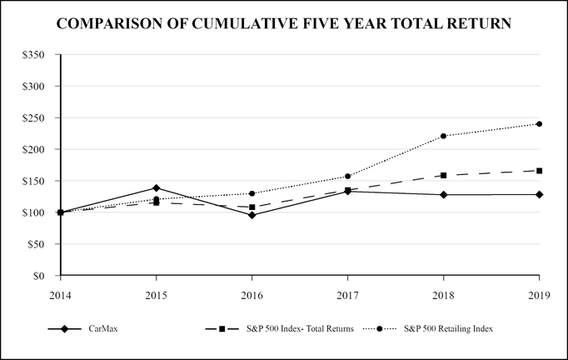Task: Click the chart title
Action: pyautogui.click(x=284, y=24)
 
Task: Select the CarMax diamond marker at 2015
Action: pyautogui.click(x=156, y=187)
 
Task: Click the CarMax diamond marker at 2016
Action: pyautogui.click(x=252, y=215)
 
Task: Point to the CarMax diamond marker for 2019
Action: pyautogui.click(x=540, y=194)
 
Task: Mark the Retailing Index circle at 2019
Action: pyautogui.click(x=540, y=124)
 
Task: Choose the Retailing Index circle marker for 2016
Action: pyautogui.click(x=252, y=193)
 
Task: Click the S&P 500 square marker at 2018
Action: pyautogui.click(x=443, y=176)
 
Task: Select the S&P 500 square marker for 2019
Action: pyautogui.click(x=540, y=171)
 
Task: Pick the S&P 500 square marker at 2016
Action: pyautogui.click(x=252, y=207)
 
